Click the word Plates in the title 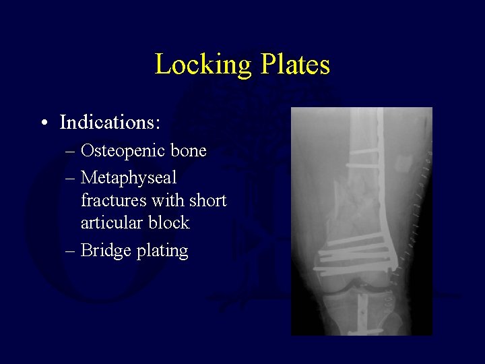[295, 65]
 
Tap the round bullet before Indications [43, 123]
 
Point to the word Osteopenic [123, 151]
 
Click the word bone [189, 151]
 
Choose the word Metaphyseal [129, 178]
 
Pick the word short [208, 200]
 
